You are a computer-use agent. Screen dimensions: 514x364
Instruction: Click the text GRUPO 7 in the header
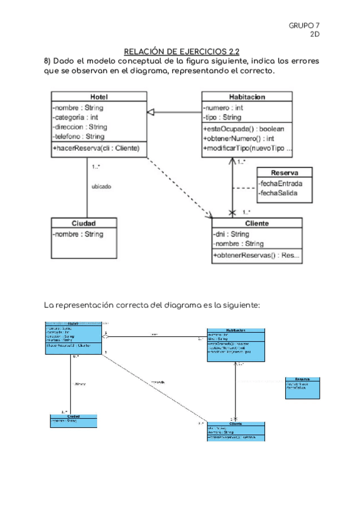tap(304, 25)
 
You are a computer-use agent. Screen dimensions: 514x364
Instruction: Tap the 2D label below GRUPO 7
tap(314, 34)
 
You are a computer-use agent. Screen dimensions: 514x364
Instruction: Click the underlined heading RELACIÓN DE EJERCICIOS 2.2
tap(181, 52)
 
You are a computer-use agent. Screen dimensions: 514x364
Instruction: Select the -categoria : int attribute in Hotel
tap(76, 118)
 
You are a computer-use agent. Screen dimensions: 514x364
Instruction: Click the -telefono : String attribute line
tap(79, 137)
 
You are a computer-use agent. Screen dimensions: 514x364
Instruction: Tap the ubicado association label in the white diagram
tap(101, 187)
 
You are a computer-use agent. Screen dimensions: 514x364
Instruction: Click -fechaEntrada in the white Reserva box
tap(280, 183)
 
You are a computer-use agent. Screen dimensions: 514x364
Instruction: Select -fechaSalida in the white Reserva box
tap(278, 193)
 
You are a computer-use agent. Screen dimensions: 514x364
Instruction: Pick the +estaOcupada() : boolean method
tap(244, 128)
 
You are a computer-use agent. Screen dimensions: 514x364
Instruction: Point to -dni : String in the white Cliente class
tap(232, 234)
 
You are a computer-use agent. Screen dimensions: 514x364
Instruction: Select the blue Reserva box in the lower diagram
tap(302, 387)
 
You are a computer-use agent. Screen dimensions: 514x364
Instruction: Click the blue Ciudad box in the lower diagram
tap(73, 421)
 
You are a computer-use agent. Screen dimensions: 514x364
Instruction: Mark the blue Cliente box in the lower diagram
tap(235, 430)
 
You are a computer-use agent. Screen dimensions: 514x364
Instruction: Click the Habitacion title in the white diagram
tap(247, 97)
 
